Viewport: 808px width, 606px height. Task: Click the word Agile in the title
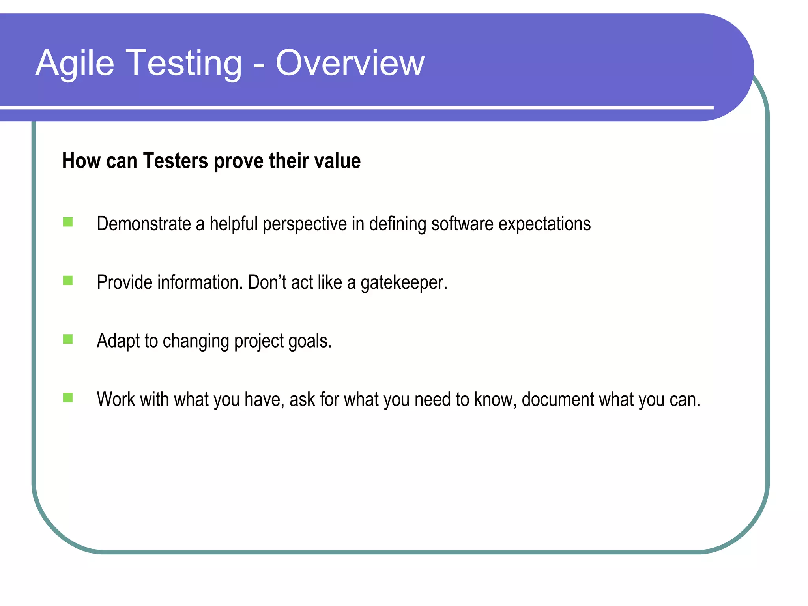[75, 63]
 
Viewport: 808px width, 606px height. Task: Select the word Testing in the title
[183, 63]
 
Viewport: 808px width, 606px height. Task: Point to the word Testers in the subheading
[175, 161]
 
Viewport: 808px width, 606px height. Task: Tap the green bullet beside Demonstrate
[68, 222]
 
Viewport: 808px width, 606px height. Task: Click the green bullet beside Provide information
[68, 281]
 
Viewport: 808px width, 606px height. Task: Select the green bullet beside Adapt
[68, 339]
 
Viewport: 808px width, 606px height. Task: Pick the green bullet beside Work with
[68, 397]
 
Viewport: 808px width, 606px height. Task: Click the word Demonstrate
[144, 224]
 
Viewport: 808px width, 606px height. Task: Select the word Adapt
[118, 341]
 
